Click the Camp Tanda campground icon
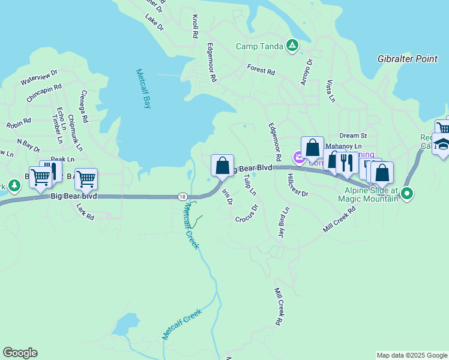(292, 46)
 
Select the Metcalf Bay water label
(142, 88)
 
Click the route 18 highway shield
(182, 196)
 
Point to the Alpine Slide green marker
(407, 193)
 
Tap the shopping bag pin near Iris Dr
(222, 165)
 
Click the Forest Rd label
(261, 70)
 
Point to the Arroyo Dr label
(307, 72)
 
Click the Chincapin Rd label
(44, 92)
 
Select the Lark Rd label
(86, 211)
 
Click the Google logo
(20, 353)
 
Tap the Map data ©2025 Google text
(411, 355)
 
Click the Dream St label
(353, 136)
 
